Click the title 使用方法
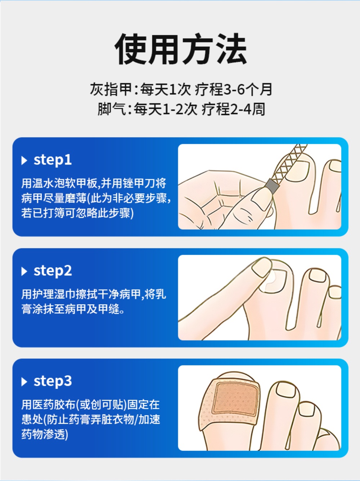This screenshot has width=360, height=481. (181, 49)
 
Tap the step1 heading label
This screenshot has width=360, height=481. (53, 160)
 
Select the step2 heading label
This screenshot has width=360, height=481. (53, 271)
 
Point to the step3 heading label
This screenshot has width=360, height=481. (53, 381)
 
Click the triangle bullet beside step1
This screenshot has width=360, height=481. (24, 161)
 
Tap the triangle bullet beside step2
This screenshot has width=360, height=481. (24, 271)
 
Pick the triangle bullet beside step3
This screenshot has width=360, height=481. (24, 382)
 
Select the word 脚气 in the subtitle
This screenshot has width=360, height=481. (111, 109)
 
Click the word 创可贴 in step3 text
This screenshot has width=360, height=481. (107, 405)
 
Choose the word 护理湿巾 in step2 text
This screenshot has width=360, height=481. (54, 294)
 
